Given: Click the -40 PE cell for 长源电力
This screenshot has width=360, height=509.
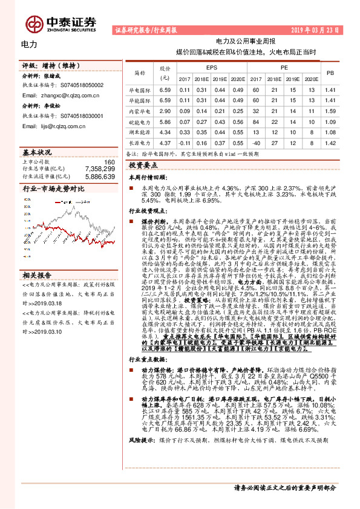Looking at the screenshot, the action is [256, 143].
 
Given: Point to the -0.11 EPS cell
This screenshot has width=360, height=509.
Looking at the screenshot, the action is [185, 143].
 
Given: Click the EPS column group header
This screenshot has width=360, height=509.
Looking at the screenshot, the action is [212, 68].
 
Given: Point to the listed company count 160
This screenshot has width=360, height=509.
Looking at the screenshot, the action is [109, 162].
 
